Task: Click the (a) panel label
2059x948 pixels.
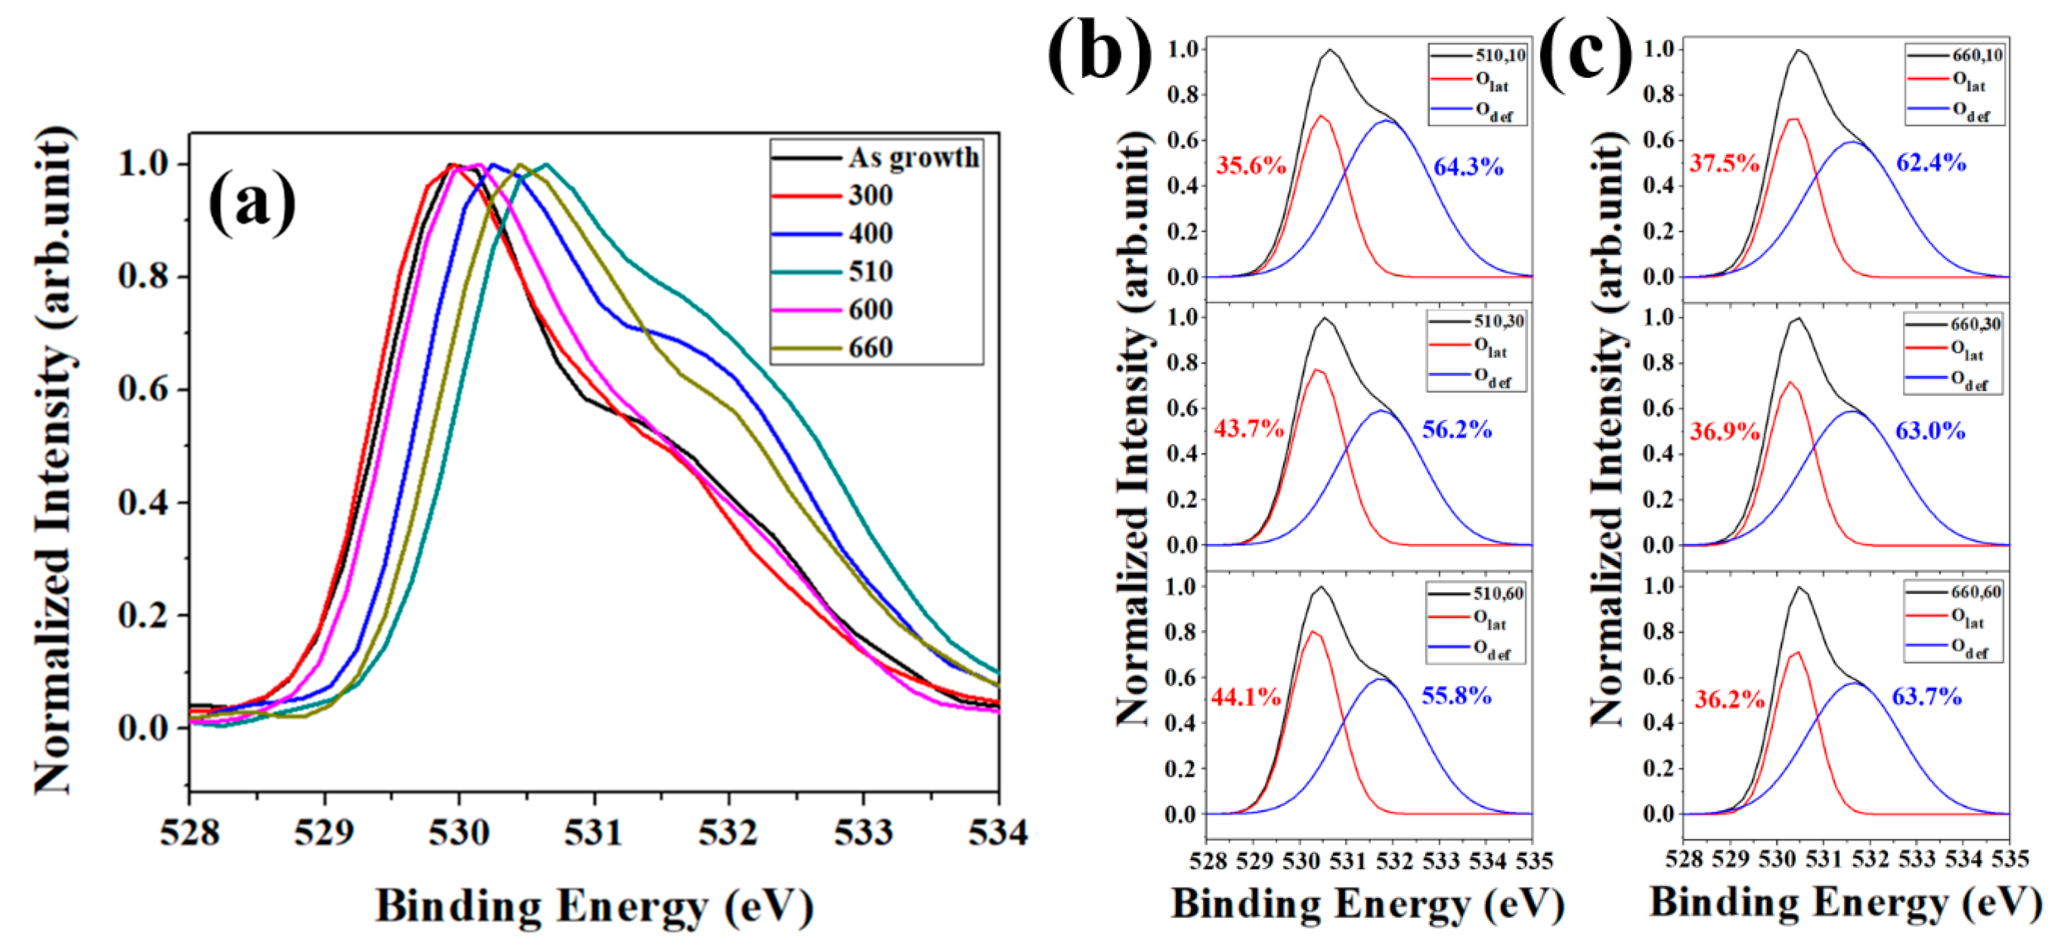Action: coord(252,204)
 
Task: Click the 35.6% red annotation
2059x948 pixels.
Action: coord(1251,166)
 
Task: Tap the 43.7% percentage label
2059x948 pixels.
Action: coord(1249,429)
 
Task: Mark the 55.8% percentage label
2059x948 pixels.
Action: coord(1456,696)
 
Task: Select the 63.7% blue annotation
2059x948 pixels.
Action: coord(1926,697)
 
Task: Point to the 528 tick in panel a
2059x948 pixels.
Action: coord(190,833)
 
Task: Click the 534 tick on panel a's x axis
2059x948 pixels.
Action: coord(998,833)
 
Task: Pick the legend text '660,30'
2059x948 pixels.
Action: coord(1976,325)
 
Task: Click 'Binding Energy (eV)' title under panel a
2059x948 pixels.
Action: coord(595,906)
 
